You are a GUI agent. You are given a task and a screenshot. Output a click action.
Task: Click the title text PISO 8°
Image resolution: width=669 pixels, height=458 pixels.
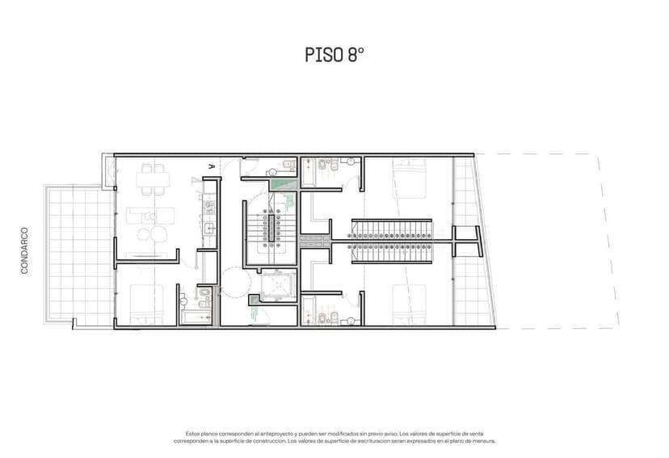[x=334, y=55]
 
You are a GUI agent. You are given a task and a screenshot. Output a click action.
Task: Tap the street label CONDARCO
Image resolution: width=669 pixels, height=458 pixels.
[x=25, y=250]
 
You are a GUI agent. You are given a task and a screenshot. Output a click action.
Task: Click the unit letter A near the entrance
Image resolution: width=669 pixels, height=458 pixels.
[x=212, y=166]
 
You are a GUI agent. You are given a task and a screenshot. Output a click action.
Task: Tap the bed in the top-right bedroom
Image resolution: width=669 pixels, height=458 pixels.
[x=410, y=176]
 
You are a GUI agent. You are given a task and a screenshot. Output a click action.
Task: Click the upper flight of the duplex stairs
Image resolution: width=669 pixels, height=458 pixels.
[x=393, y=228]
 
